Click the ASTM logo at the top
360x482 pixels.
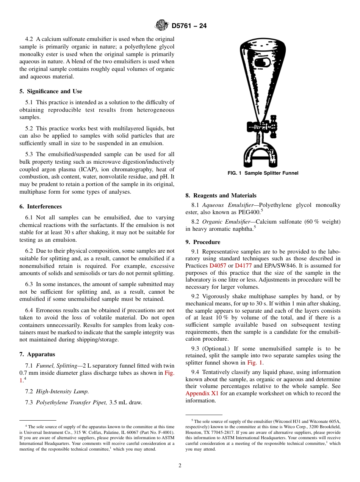coord(162,26)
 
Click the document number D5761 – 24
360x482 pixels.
coord(189,26)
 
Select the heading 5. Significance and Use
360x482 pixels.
coord(51,91)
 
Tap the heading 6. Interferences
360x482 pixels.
coord(41,207)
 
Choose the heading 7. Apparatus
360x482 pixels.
coord(37,354)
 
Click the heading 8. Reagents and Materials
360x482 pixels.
coord(221,196)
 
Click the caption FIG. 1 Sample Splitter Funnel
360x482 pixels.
coord(263,173)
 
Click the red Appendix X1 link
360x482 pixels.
coord(202,393)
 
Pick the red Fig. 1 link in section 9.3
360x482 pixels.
coord(255,363)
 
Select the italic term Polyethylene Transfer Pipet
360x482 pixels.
coord(71,402)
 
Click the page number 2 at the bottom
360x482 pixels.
coord(180,466)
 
